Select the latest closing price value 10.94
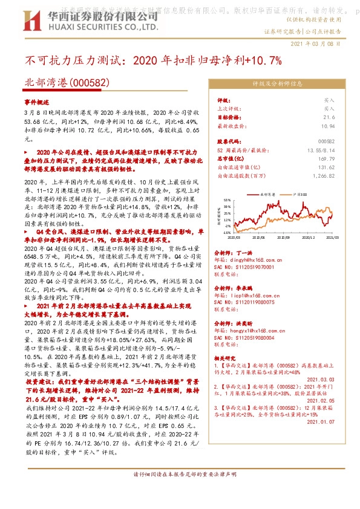(x=327, y=126)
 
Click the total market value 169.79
(x=327, y=158)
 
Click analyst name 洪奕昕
(x=244, y=322)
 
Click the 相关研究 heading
(x=226, y=358)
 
